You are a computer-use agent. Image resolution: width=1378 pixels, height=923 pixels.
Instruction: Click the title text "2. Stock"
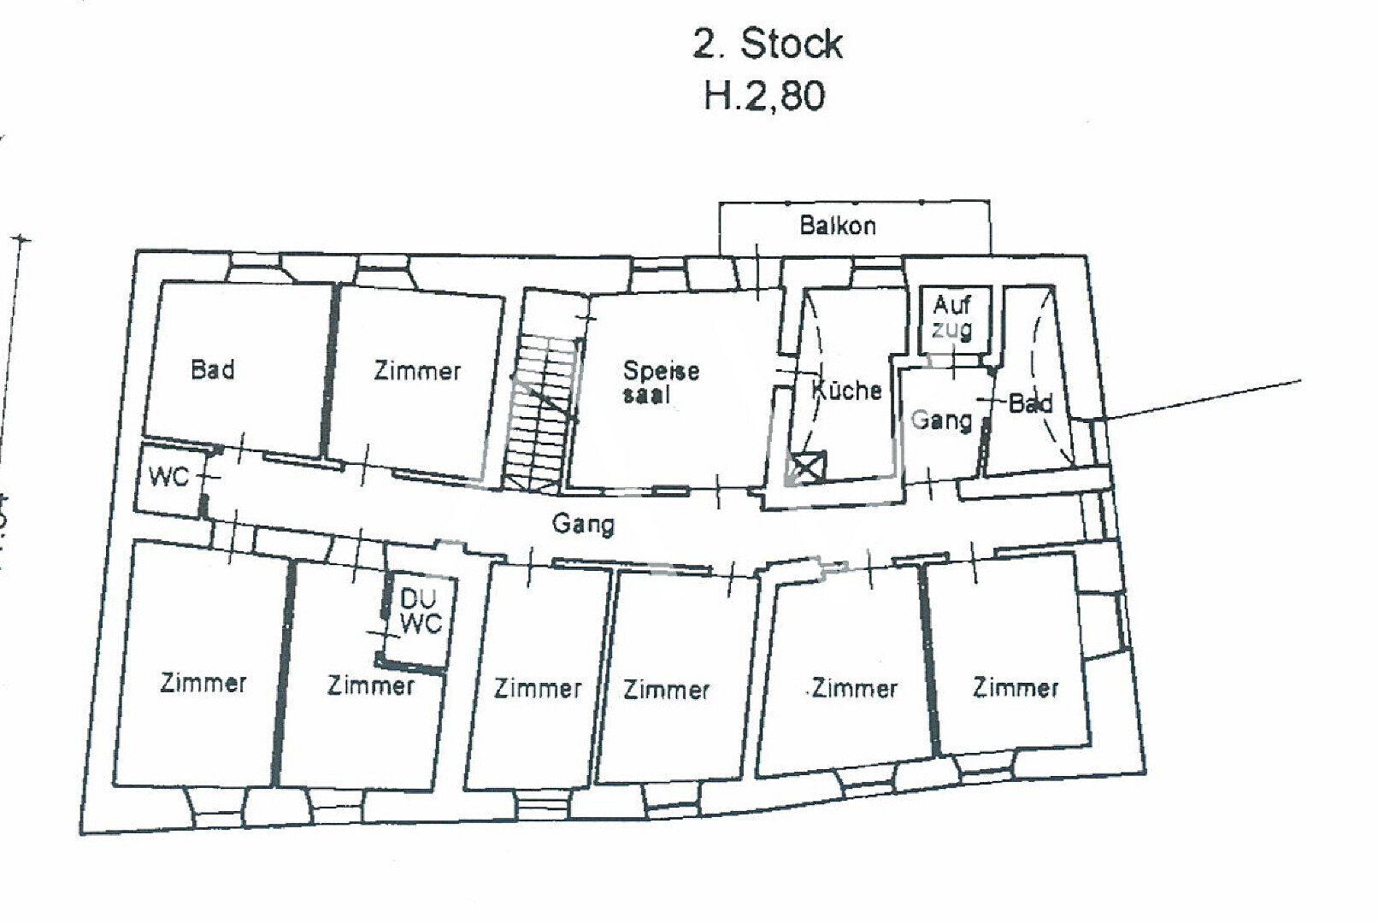pyautogui.click(x=767, y=44)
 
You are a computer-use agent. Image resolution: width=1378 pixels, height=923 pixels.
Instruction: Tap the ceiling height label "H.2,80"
pyautogui.click(x=764, y=96)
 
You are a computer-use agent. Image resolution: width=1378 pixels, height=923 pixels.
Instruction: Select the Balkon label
pyautogui.click(x=838, y=226)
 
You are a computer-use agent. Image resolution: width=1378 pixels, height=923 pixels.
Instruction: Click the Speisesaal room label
pyautogui.click(x=660, y=381)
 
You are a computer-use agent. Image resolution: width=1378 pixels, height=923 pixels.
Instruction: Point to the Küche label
pyautogui.click(x=846, y=391)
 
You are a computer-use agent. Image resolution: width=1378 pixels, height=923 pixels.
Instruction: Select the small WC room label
pyautogui.click(x=168, y=476)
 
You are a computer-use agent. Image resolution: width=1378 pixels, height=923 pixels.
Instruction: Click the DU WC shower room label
pyautogui.click(x=420, y=611)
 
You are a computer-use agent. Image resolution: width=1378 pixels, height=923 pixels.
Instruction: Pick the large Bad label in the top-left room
pyautogui.click(x=213, y=370)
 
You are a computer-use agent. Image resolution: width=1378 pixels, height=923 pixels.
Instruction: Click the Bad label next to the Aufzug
pyautogui.click(x=1030, y=403)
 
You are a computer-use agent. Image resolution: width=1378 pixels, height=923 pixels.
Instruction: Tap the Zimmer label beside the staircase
pyautogui.click(x=417, y=371)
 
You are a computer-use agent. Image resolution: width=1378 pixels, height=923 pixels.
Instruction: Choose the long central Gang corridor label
pyautogui.click(x=583, y=523)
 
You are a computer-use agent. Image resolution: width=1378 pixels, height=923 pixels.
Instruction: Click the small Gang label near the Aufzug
pyautogui.click(x=941, y=420)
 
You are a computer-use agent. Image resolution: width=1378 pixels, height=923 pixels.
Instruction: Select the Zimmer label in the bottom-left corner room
pyautogui.click(x=203, y=683)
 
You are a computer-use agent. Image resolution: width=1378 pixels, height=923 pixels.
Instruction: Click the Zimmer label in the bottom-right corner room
pyautogui.click(x=1016, y=687)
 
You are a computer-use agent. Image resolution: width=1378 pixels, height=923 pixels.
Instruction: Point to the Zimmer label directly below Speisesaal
pyautogui.click(x=667, y=689)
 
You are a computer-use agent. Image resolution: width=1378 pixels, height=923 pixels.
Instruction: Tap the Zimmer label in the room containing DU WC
pyautogui.click(x=370, y=685)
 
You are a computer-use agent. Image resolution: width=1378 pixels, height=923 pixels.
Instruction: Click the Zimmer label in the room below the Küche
pyautogui.click(x=855, y=688)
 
